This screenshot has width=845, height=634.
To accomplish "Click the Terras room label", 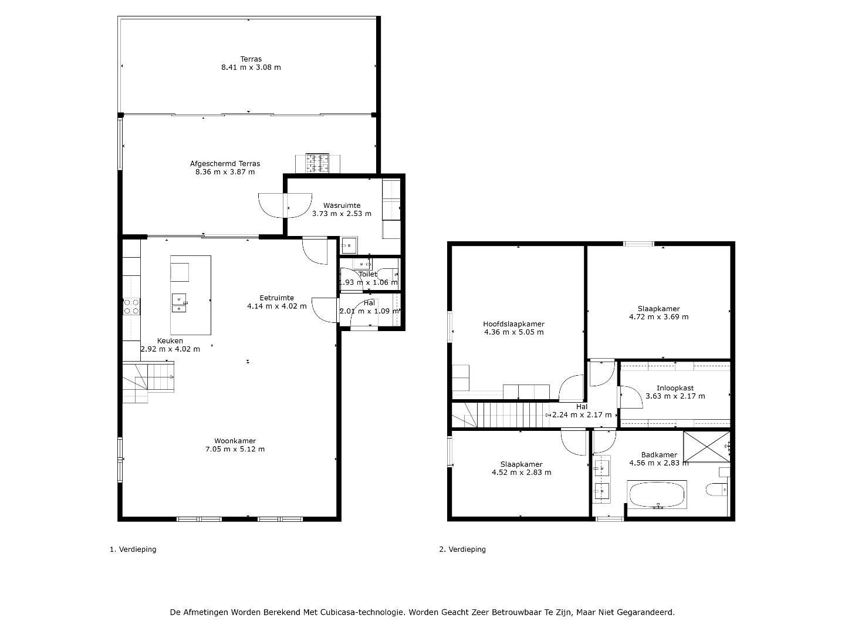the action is pyautogui.click(x=251, y=59).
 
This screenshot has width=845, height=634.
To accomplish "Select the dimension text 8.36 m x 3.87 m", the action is pyautogui.click(x=225, y=172).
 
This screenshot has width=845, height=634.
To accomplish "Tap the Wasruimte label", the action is pyautogui.click(x=342, y=205).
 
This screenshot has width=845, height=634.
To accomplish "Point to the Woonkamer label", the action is pyautogui.click(x=235, y=441).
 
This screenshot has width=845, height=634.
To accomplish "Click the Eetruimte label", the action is pyautogui.click(x=277, y=298).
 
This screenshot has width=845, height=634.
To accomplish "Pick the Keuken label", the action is pyautogui.click(x=170, y=340).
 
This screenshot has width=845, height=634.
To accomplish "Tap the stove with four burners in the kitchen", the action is pyautogui.click(x=131, y=307).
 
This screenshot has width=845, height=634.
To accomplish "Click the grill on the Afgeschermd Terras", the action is pyautogui.click(x=317, y=163).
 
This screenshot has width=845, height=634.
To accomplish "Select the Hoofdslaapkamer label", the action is pyautogui.click(x=514, y=324).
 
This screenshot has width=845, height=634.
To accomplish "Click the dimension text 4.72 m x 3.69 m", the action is pyautogui.click(x=658, y=317).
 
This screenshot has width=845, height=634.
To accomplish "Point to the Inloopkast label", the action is pyautogui.click(x=675, y=388).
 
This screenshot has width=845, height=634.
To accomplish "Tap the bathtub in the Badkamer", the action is pyautogui.click(x=657, y=494).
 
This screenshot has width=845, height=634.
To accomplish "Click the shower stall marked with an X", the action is pyautogui.click(x=707, y=447).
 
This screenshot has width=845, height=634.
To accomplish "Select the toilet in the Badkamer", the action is pyautogui.click(x=717, y=490).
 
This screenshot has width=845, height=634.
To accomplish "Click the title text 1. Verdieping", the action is pyautogui.click(x=133, y=549).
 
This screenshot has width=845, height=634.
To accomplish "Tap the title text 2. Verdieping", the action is pyautogui.click(x=462, y=549).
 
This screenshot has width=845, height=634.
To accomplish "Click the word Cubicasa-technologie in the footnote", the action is pyautogui.click(x=362, y=612).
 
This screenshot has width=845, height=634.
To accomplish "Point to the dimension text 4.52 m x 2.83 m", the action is pyautogui.click(x=521, y=473).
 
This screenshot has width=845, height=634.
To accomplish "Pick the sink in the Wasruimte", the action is pyautogui.click(x=349, y=245).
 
